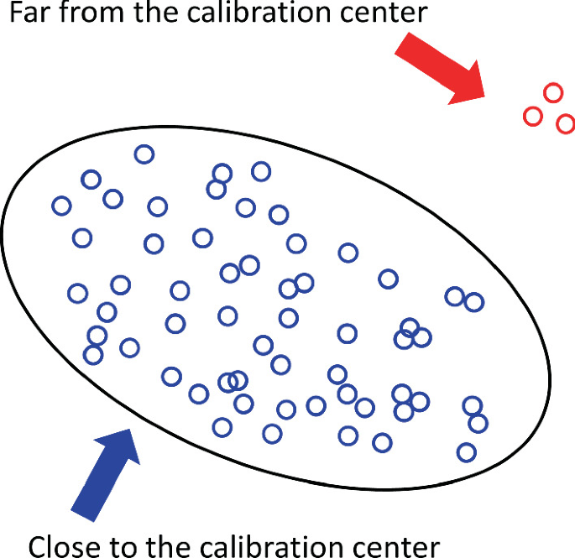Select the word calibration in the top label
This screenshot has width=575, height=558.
[x=246, y=14]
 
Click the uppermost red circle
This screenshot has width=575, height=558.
[x=552, y=92]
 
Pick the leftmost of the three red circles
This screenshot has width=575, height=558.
[x=532, y=116]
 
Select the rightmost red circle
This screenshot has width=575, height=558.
[x=565, y=124]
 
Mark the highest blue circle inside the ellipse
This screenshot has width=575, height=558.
[x=144, y=154]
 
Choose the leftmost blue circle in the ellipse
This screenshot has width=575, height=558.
[x=61, y=206]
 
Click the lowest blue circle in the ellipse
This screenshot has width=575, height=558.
[x=466, y=452]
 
